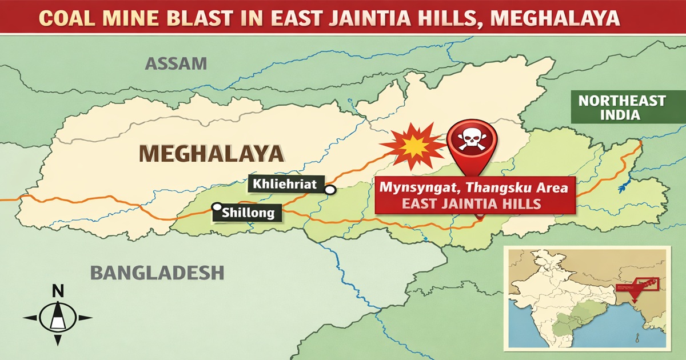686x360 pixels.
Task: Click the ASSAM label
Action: [176, 63]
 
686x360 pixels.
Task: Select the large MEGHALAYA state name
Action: [212, 153]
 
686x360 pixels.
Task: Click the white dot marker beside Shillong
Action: [217, 207]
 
